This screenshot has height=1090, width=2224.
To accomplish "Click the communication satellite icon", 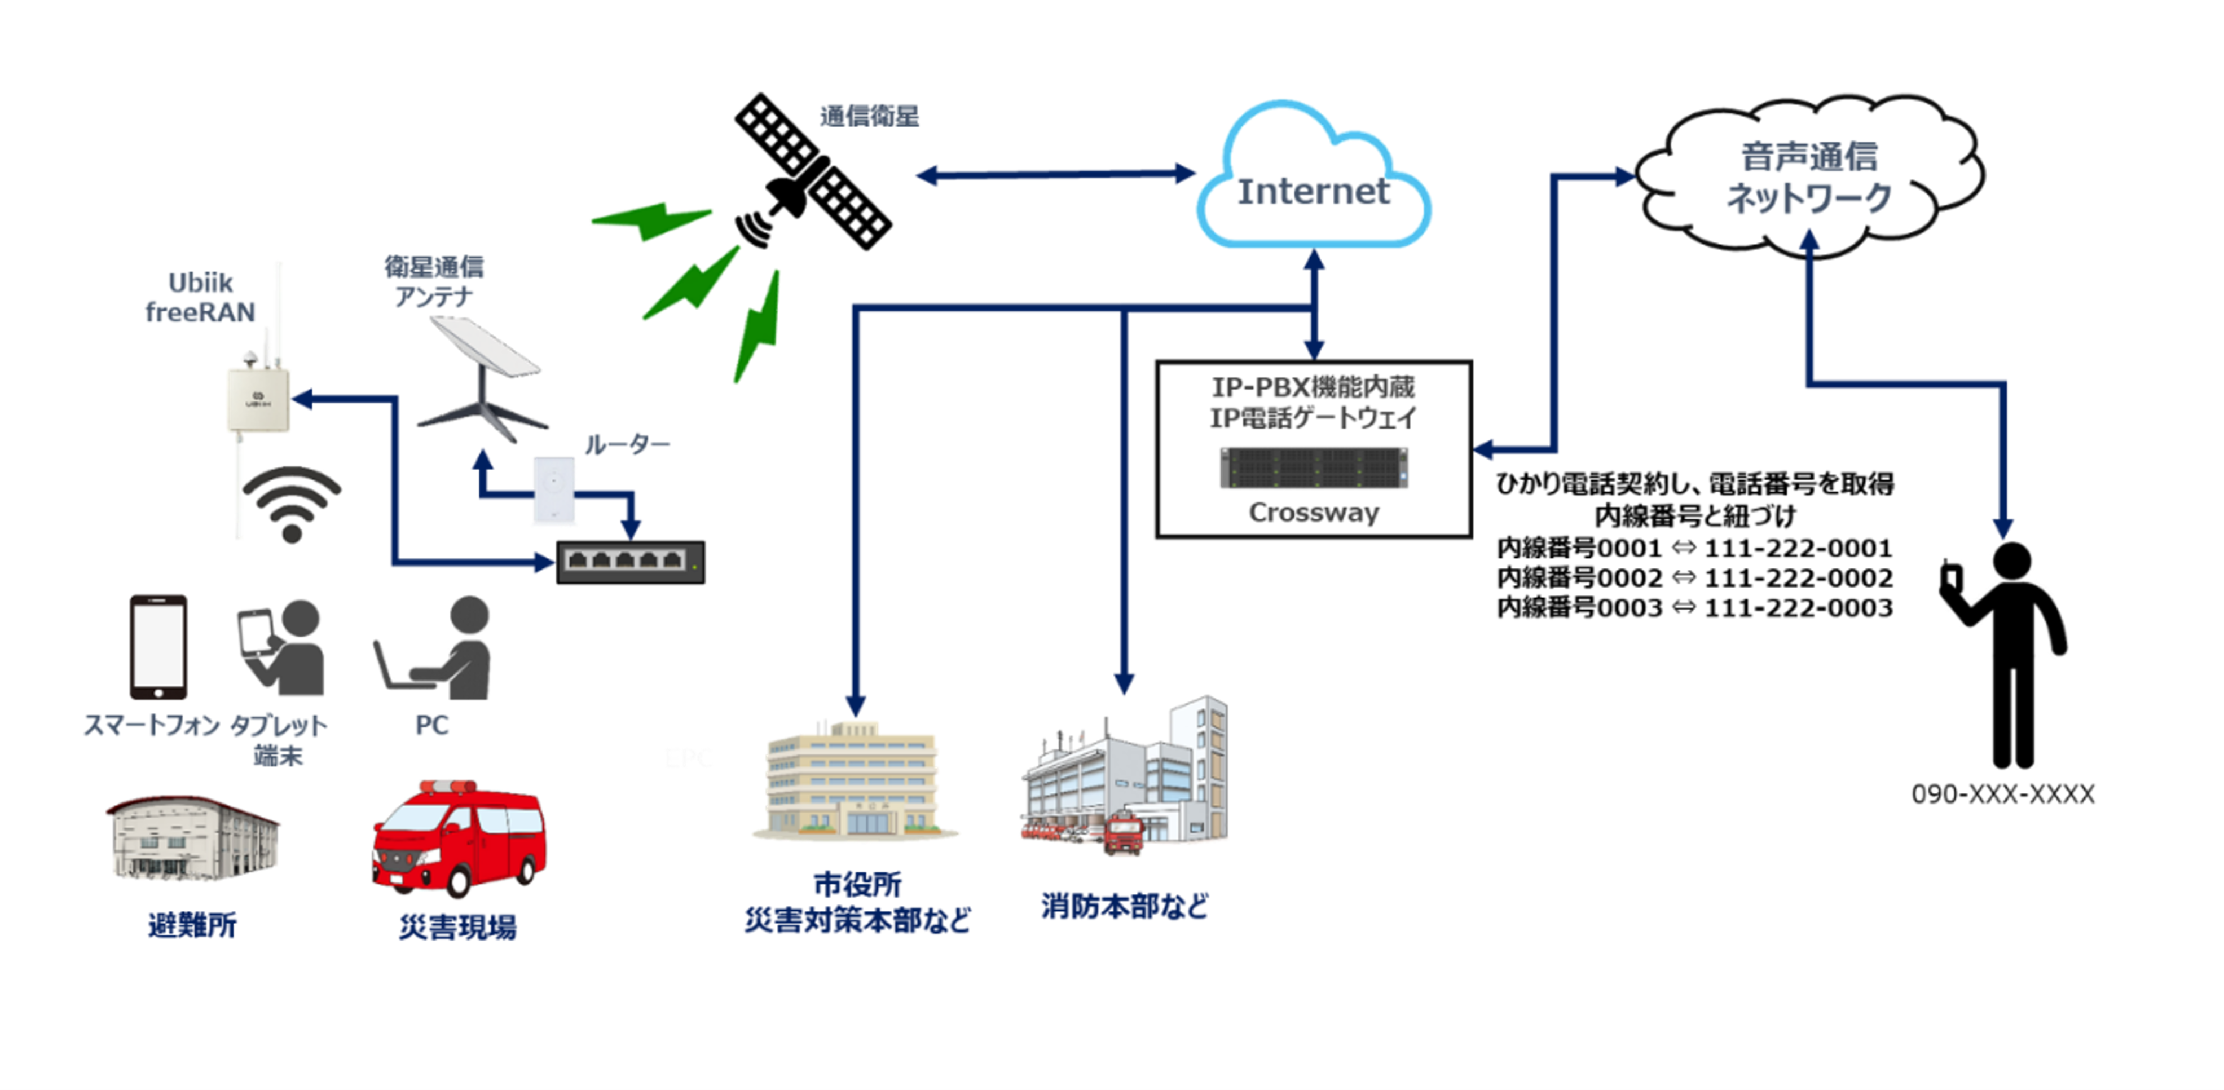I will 812,173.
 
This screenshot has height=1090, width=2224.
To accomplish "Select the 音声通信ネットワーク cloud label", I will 1809,178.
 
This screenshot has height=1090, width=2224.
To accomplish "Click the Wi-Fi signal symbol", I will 292,504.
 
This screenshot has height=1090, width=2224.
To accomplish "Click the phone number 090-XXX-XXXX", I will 2002,794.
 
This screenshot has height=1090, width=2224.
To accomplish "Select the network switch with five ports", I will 630,562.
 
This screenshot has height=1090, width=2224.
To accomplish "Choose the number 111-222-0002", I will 1798,577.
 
